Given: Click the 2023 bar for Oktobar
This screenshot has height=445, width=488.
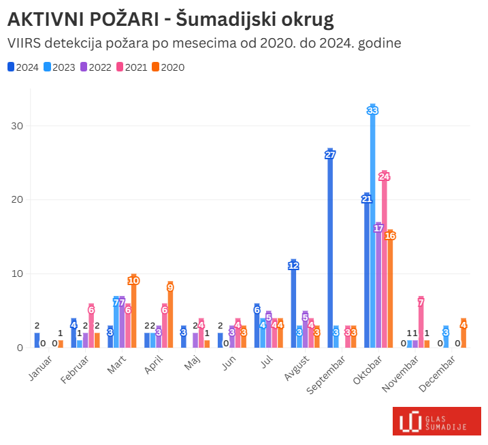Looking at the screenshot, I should click(373, 231).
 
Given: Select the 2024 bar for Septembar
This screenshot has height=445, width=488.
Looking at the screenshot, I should click(330, 252).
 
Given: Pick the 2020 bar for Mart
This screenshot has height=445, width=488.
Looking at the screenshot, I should click(134, 313).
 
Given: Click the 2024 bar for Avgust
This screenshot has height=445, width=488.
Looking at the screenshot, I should click(293, 306).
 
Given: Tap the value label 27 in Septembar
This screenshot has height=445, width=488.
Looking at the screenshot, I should click(330, 155).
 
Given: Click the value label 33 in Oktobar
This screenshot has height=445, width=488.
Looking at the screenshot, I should click(373, 110).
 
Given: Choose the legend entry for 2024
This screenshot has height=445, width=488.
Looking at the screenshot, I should click(22, 67).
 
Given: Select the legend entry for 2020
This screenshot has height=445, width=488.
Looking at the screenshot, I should click(167, 67).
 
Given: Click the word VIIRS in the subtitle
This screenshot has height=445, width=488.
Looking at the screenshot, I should click(25, 43).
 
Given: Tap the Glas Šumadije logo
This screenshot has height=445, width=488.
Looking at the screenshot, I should click(437, 421).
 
